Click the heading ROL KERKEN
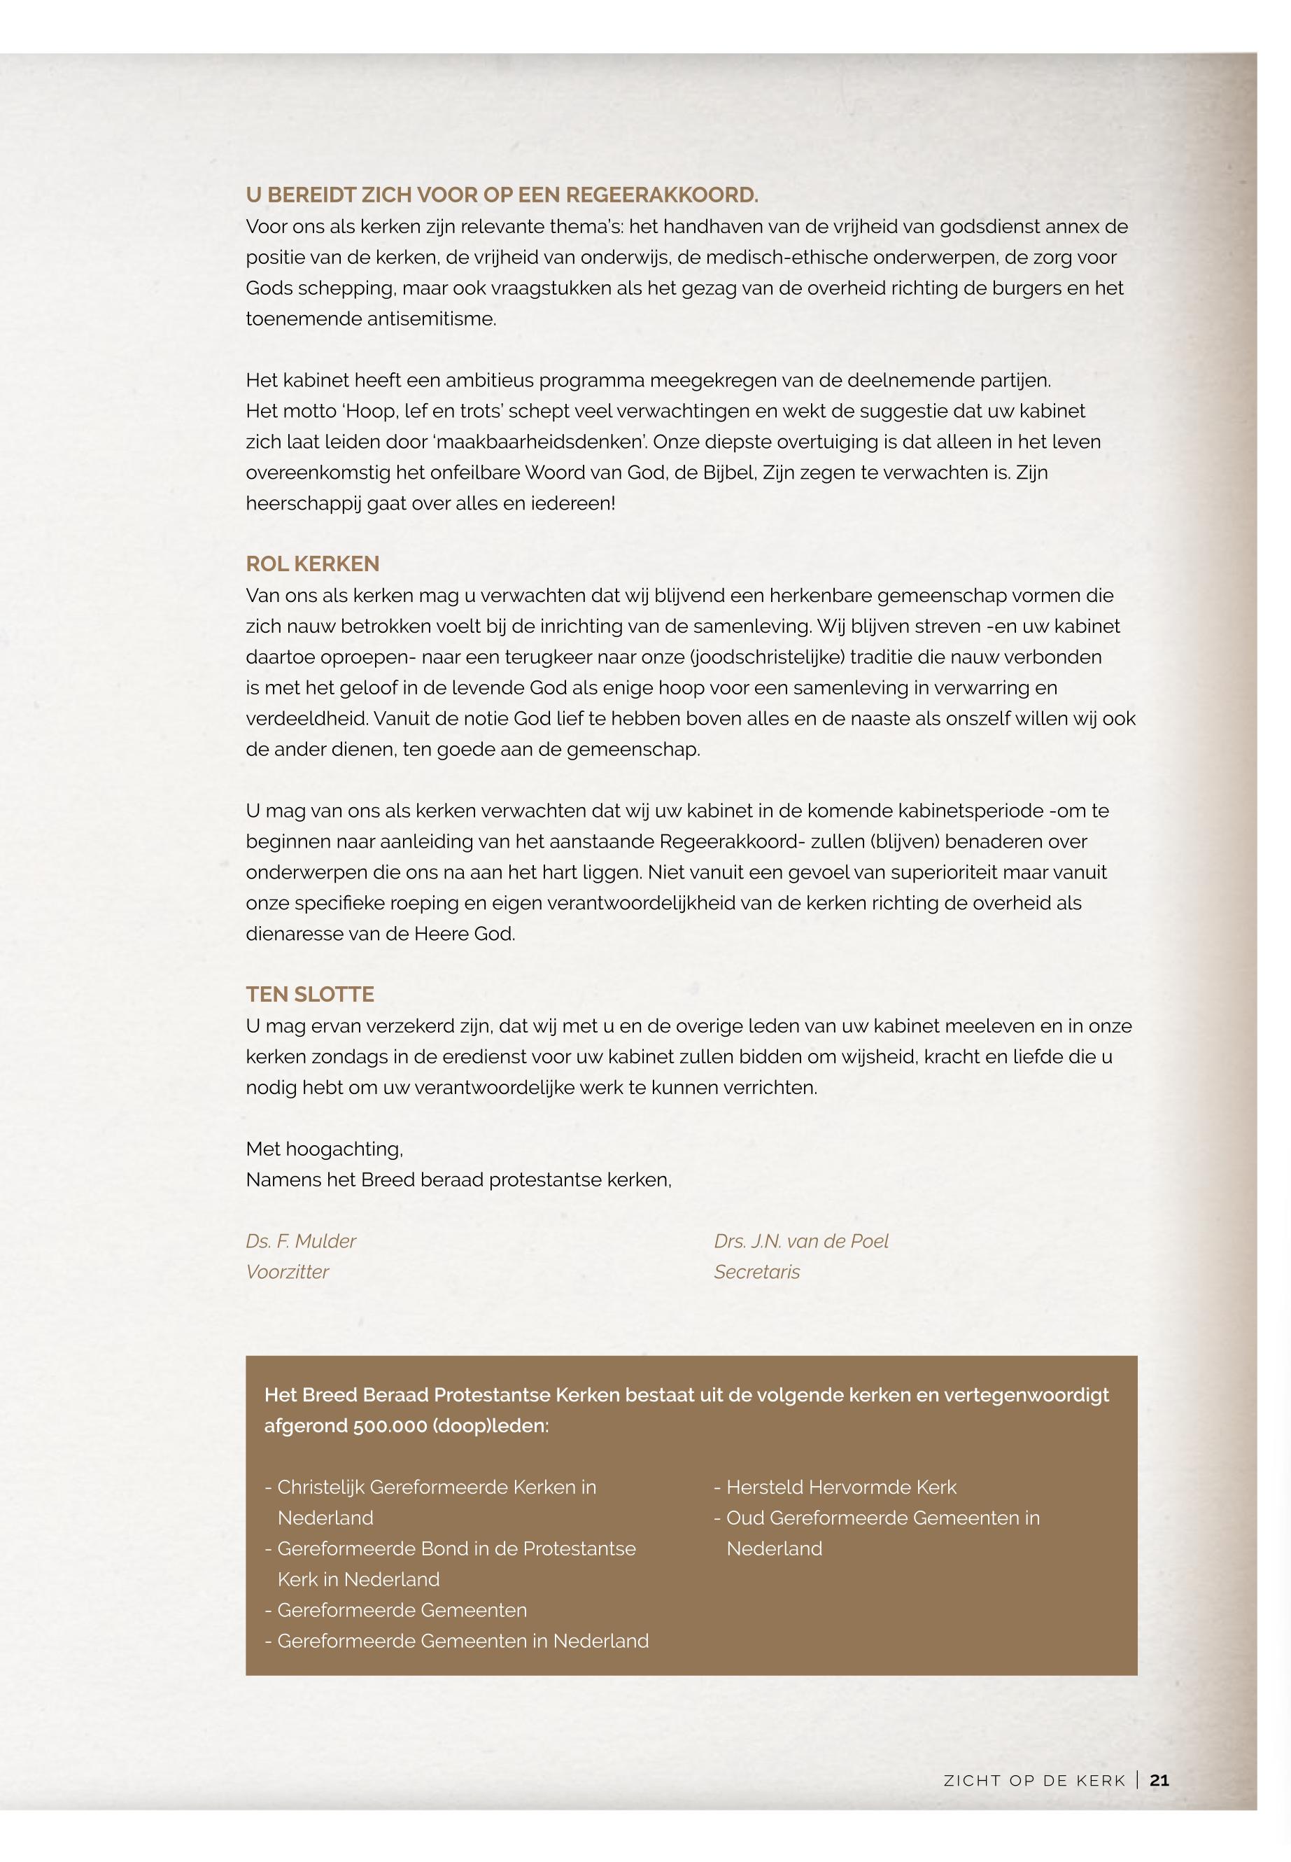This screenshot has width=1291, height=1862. tap(312, 564)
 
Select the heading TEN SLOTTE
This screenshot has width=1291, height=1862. tap(310, 995)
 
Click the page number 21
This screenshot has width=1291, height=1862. tap(1159, 1780)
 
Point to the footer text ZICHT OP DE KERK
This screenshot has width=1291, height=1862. tap(1035, 1781)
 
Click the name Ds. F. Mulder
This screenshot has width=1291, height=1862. tap(301, 1241)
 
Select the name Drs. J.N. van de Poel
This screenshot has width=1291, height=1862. tap(800, 1241)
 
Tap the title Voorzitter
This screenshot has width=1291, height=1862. tap(287, 1272)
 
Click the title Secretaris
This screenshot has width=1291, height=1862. tap(756, 1272)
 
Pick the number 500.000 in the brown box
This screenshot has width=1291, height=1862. tap(390, 1426)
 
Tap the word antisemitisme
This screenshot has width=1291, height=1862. tap(431, 318)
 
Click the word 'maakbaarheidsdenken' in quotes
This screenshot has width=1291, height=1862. tap(534, 442)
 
